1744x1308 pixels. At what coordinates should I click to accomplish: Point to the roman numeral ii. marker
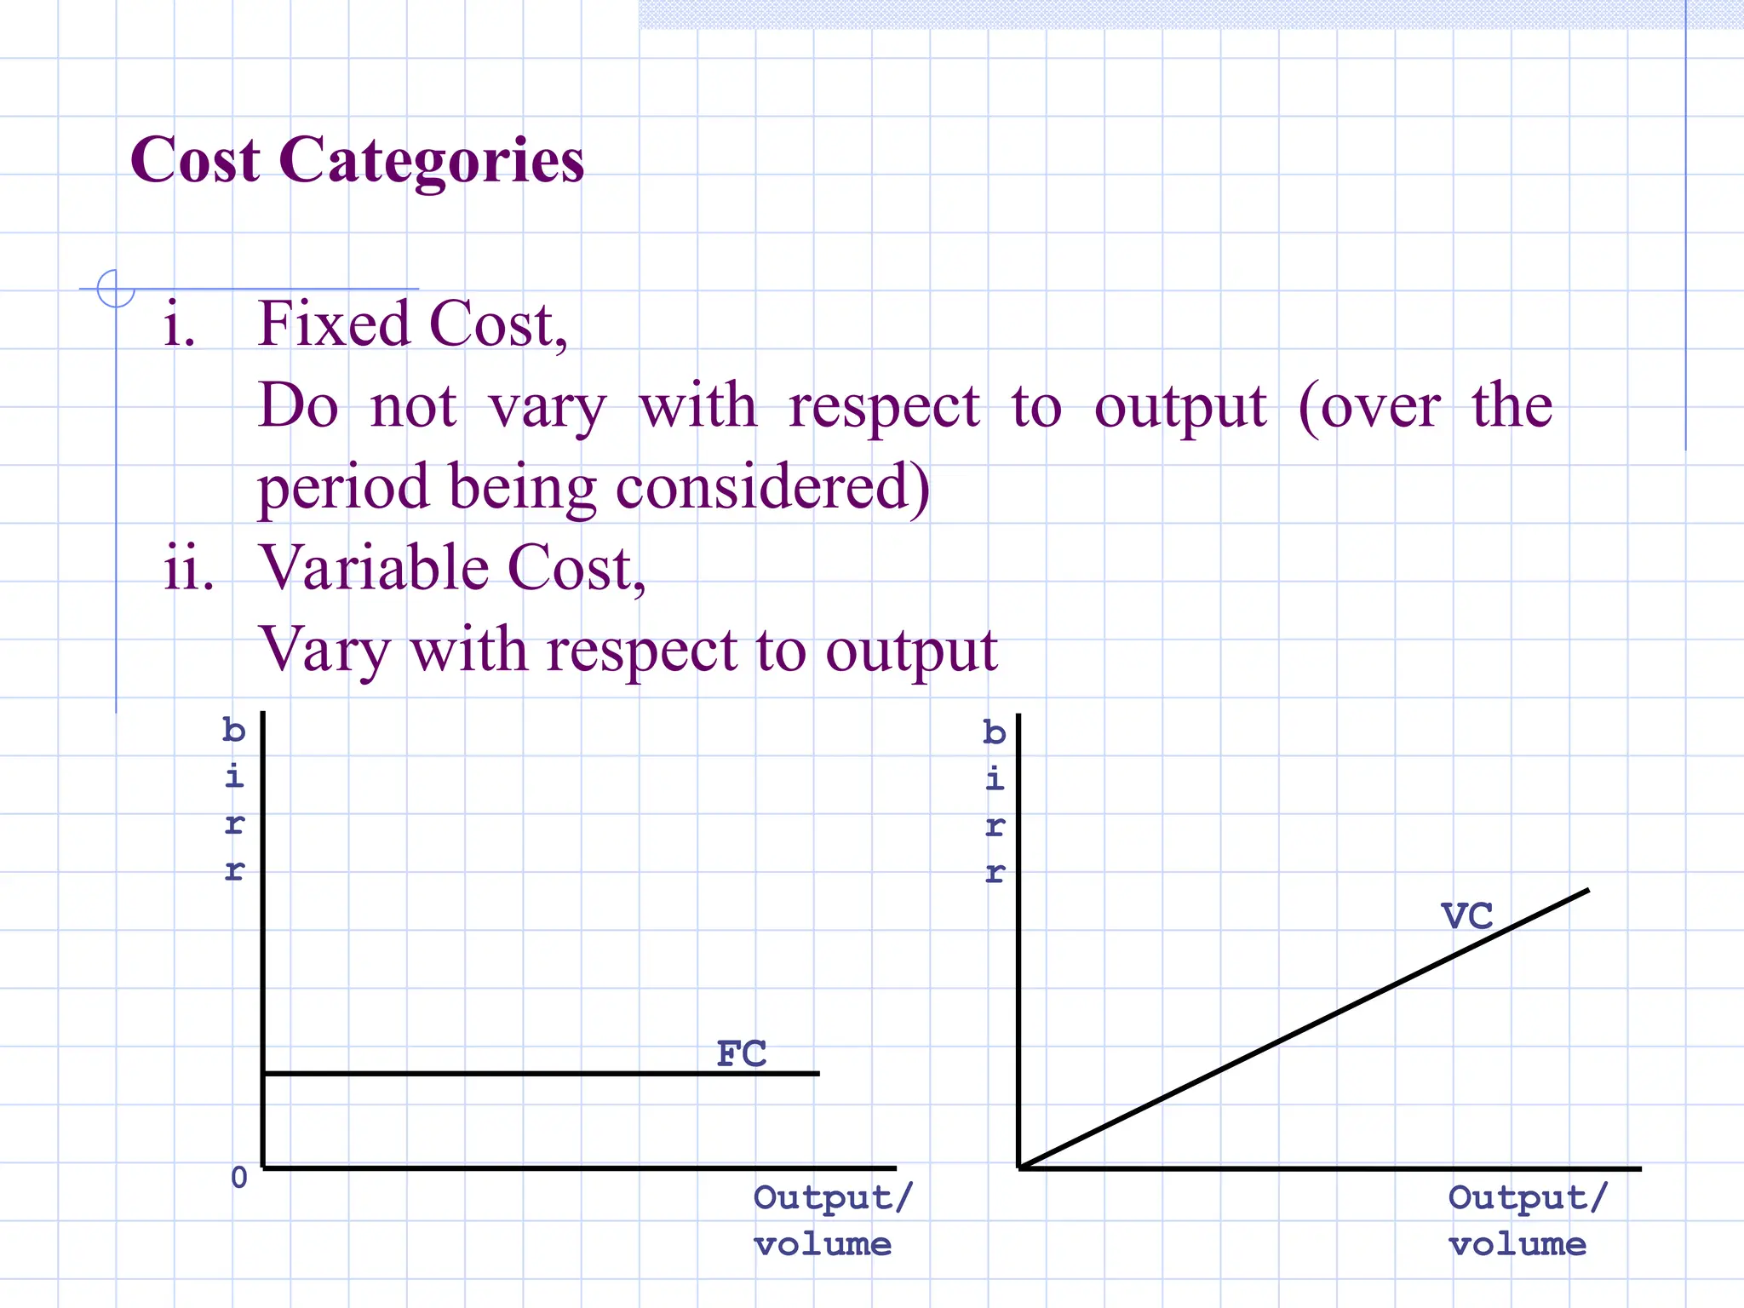pos(188,569)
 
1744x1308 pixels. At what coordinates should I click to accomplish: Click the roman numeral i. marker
pos(179,324)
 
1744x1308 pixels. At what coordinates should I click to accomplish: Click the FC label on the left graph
pos(742,1054)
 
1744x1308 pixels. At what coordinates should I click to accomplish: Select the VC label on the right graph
pos(1466,917)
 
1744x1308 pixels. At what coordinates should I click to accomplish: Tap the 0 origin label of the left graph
pos(239,1178)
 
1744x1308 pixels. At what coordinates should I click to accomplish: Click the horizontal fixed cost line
pos(511,1074)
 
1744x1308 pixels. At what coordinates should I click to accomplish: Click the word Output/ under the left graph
pos(832,1198)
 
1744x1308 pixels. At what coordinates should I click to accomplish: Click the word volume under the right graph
pos(1517,1245)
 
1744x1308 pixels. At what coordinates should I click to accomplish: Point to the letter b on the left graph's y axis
pos(234,731)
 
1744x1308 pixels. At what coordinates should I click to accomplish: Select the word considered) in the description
pos(772,488)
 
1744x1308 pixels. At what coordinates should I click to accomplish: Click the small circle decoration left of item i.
pos(116,288)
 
